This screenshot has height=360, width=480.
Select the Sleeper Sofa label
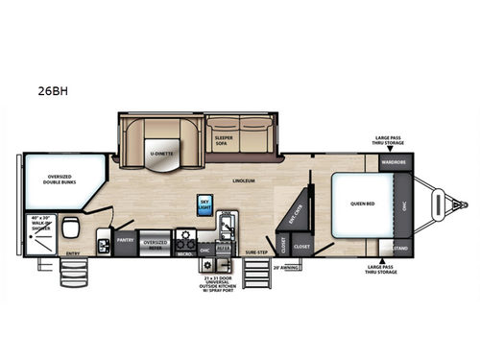(223, 138)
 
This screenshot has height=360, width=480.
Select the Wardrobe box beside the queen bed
(394, 161)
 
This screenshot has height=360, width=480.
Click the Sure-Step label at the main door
(256, 252)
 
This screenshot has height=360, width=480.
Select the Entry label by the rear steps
(73, 253)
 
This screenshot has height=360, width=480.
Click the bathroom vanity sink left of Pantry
(103, 245)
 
